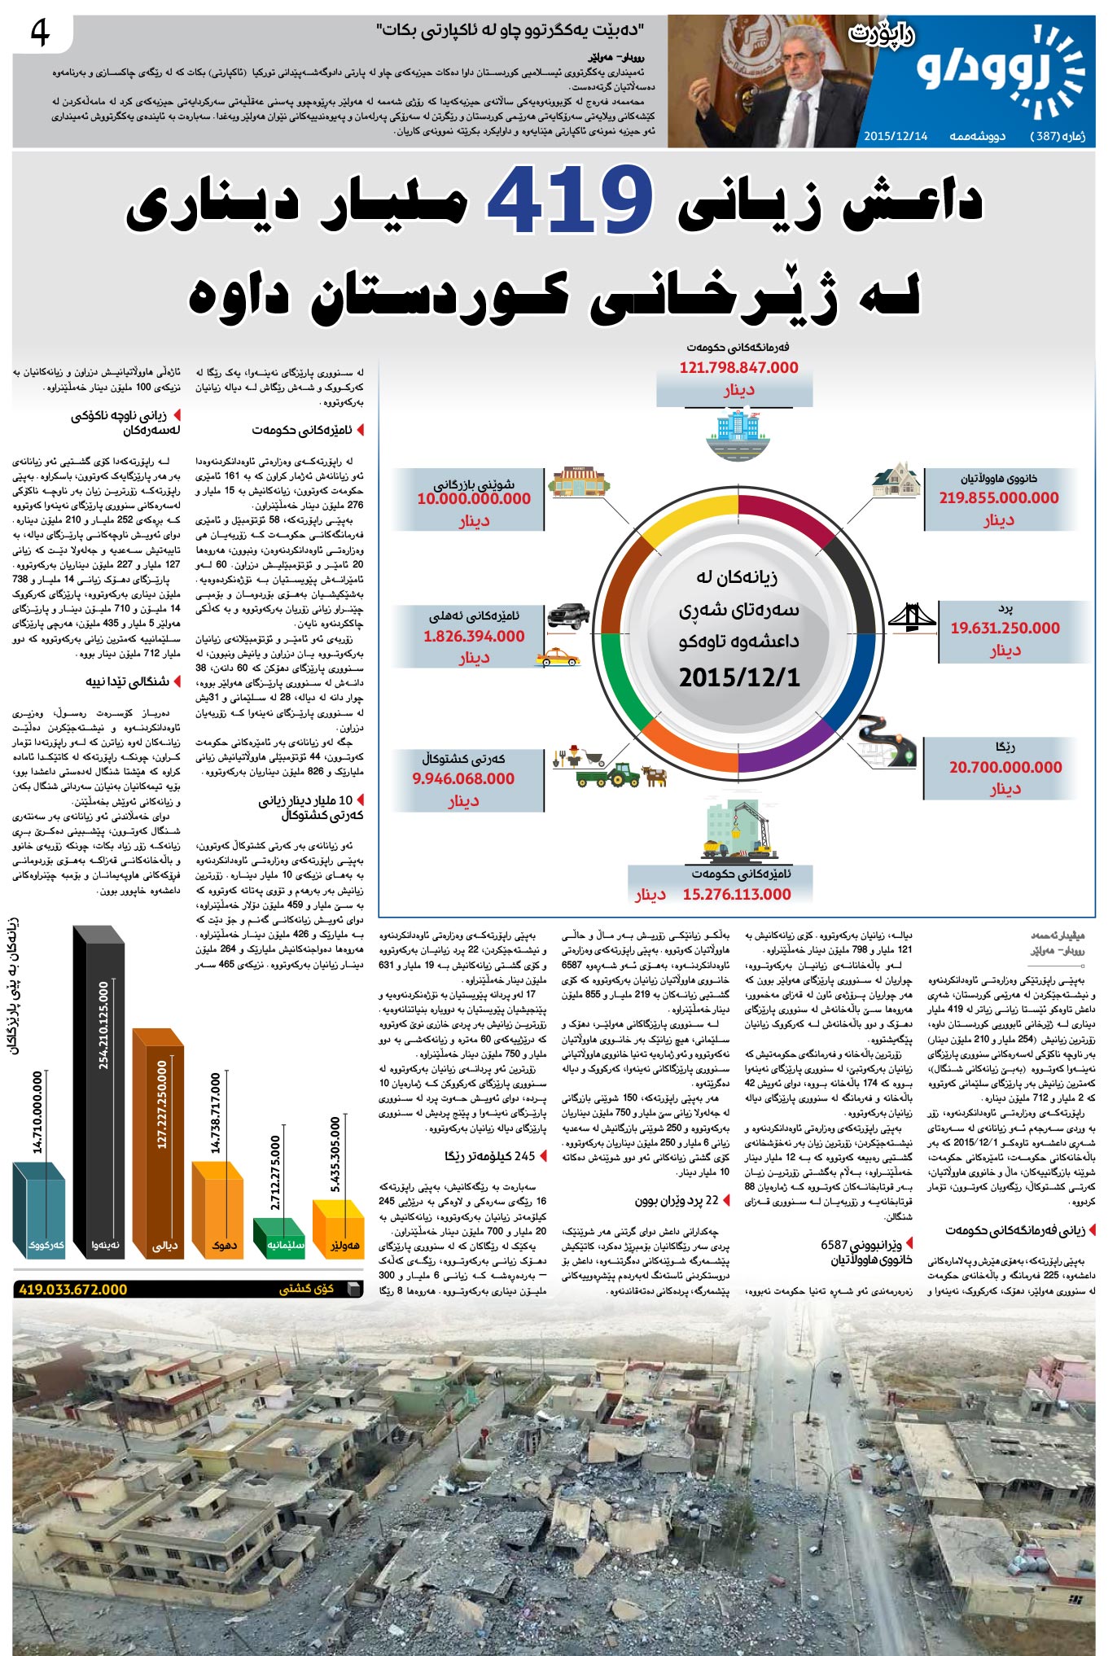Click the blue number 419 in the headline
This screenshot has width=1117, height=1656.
coord(569,199)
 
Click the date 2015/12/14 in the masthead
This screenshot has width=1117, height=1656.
coord(896,136)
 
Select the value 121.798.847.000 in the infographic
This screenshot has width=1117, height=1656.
coord(738,368)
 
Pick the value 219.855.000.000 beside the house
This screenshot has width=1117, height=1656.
coord(999,498)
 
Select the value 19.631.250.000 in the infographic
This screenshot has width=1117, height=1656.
coord(1005,629)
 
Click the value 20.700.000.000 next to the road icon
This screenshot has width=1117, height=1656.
coord(1005,767)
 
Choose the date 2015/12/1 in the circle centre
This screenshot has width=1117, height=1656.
coord(739,677)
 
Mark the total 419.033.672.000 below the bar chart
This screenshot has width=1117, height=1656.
coord(73,1290)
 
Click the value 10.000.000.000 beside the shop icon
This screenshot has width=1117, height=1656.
coord(474,499)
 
